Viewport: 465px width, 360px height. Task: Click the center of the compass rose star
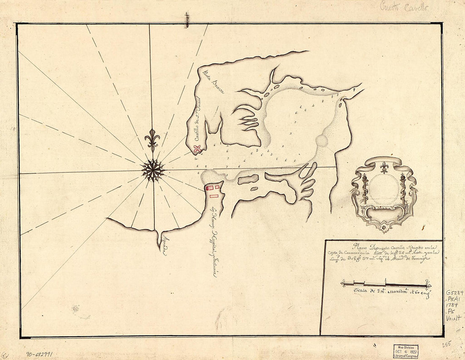(153, 170)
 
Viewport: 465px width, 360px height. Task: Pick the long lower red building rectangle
(213, 196)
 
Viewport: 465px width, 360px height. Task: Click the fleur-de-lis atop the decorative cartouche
(384, 167)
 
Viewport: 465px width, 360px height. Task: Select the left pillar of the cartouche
(364, 188)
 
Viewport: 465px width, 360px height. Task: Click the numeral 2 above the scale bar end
(428, 281)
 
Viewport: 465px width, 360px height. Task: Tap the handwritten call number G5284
(454, 293)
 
